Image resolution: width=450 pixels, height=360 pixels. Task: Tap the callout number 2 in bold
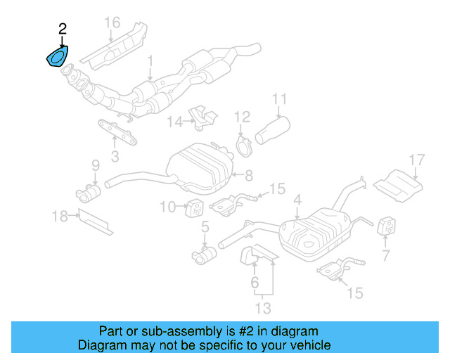[x=63, y=29]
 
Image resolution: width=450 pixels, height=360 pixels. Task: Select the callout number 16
[x=112, y=22]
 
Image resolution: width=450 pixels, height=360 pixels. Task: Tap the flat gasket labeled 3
[x=116, y=129]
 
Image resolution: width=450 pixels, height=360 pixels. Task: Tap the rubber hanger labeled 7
[x=386, y=226]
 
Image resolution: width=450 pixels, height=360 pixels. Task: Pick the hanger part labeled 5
[x=203, y=254]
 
